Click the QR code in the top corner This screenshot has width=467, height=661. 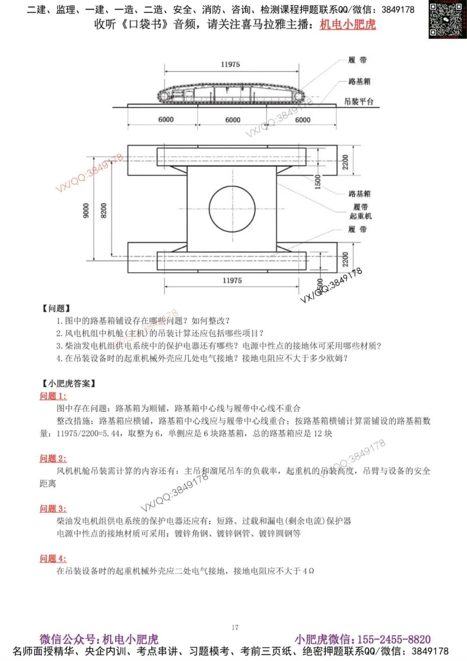pyautogui.click(x=447, y=19)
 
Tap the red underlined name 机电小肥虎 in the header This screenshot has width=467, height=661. pyautogui.click(x=347, y=24)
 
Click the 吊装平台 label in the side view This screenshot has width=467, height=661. pyautogui.click(x=359, y=101)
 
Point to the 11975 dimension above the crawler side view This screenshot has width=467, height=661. pyautogui.click(x=230, y=64)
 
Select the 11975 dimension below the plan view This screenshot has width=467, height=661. pyautogui.click(x=232, y=280)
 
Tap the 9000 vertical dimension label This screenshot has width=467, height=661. pyautogui.click(x=86, y=210)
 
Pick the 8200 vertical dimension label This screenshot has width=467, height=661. pyautogui.click(x=104, y=210)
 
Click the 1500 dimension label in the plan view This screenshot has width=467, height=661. pyautogui.click(x=318, y=182)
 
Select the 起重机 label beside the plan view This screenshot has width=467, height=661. pyautogui.click(x=361, y=216)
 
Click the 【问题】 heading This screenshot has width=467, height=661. pyautogui.click(x=56, y=308)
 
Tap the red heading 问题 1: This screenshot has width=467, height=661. pyautogui.click(x=53, y=396)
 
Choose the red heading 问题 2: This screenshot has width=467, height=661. pyautogui.click(x=53, y=458)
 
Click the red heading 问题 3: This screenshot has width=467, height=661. pyautogui.click(x=53, y=508)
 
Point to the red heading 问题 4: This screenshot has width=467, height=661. pyautogui.click(x=53, y=558)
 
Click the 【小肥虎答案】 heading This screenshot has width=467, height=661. pyautogui.click(x=69, y=384)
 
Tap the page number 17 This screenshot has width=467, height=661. pyautogui.click(x=235, y=627)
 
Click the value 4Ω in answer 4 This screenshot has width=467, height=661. pyautogui.click(x=308, y=571)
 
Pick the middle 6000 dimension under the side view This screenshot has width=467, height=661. pyautogui.click(x=233, y=120)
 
